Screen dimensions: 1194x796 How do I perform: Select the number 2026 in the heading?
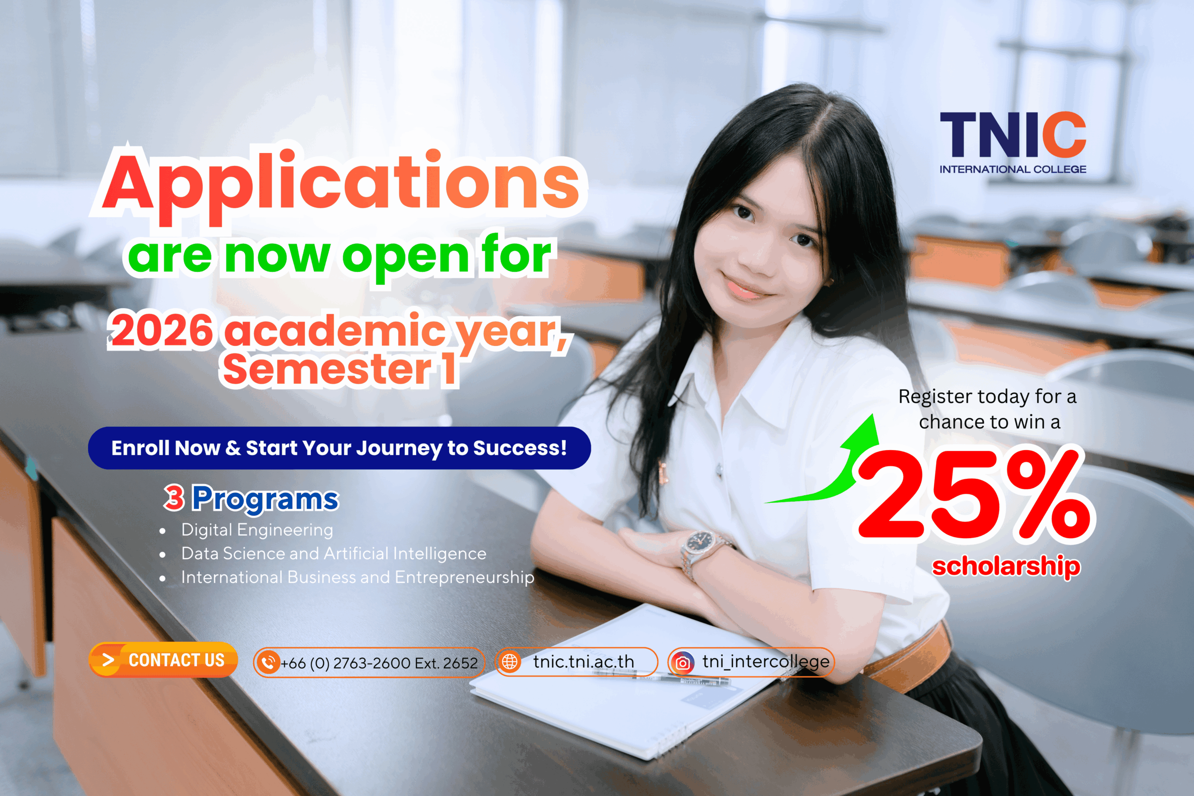(162, 331)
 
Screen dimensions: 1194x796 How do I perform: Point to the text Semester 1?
(339, 369)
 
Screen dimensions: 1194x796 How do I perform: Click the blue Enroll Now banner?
(339, 448)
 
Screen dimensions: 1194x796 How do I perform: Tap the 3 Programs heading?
(251, 498)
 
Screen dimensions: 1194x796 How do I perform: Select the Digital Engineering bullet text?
(257, 529)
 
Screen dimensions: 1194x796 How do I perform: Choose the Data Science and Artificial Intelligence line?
(333, 554)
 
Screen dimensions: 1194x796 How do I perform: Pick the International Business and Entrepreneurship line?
(357, 577)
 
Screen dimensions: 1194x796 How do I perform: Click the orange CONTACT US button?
(163, 660)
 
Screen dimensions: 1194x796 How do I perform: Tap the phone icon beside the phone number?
(269, 663)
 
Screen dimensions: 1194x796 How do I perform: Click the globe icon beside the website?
(510, 662)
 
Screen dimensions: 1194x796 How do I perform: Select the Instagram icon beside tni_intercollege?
(683, 663)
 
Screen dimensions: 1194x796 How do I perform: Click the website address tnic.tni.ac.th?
(584, 662)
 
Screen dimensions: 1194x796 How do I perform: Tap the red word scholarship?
(1006, 566)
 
